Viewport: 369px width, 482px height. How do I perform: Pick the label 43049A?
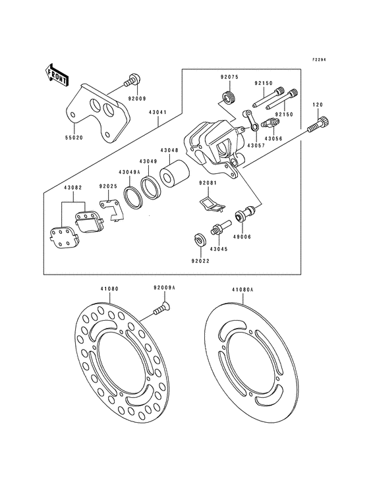(129, 172)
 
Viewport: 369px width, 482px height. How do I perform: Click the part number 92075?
(229, 76)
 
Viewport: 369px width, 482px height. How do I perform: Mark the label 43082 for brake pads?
(72, 188)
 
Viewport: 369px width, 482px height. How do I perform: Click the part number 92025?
(109, 186)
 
